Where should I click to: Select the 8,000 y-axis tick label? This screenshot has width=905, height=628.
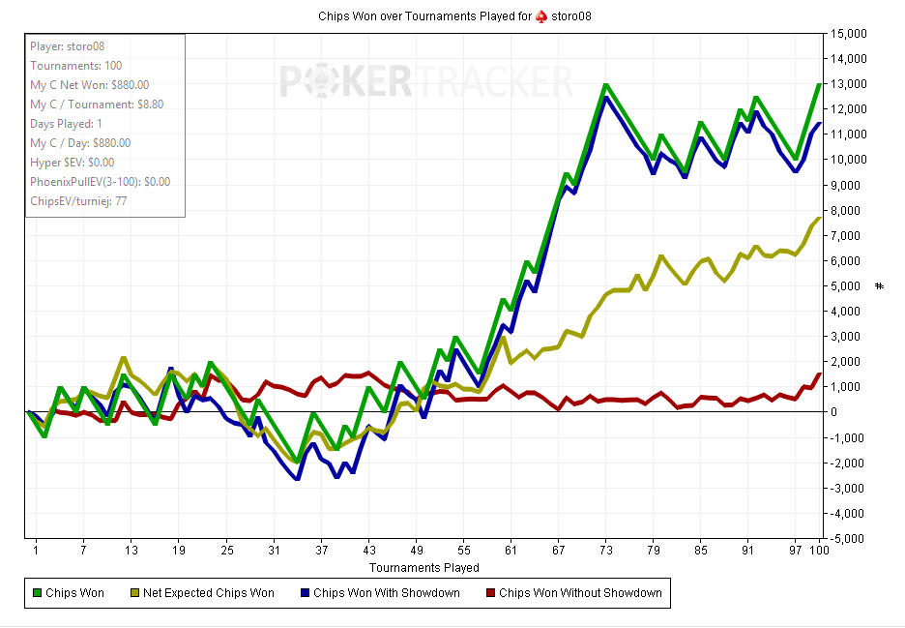pyautogui.click(x=848, y=210)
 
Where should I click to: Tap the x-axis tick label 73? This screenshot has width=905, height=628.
pyautogui.click(x=605, y=552)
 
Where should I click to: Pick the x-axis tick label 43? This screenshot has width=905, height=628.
pyautogui.click(x=368, y=552)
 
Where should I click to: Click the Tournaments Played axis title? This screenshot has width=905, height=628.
pyautogui.click(x=423, y=567)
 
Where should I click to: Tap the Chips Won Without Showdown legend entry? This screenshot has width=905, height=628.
pyautogui.click(x=571, y=592)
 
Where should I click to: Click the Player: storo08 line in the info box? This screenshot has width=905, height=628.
pyautogui.click(x=67, y=46)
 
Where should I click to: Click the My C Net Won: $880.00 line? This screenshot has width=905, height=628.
pyautogui.click(x=90, y=85)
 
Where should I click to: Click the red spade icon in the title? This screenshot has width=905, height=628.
pyautogui.click(x=541, y=17)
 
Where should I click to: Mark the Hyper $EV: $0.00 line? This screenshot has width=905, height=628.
pyautogui.click(x=73, y=163)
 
